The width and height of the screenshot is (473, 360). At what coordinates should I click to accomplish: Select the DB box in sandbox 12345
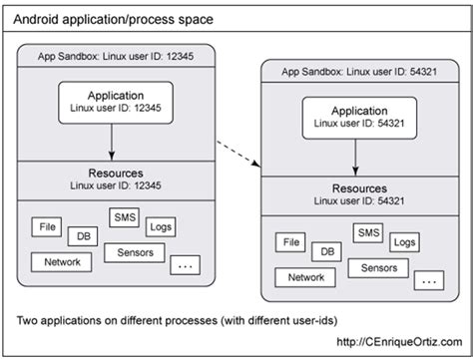pos(82,236)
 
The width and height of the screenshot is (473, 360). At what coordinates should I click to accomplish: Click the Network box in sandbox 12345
pos(62,261)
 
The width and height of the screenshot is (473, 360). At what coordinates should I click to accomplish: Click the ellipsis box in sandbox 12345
pos(186,266)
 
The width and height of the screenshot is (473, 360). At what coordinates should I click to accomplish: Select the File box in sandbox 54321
pos(290,241)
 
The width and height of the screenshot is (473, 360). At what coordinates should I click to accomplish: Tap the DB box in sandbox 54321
pos(324,252)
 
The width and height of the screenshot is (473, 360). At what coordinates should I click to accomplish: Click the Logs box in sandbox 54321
pos(404,242)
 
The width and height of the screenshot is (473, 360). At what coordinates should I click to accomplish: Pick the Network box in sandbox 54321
pos(305,278)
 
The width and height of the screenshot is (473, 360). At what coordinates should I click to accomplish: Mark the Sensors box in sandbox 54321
pos(378,268)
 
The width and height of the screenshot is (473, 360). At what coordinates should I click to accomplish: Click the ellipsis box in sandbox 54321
pos(430,281)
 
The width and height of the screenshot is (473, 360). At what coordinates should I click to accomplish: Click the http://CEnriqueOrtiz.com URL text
pos(392,342)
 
